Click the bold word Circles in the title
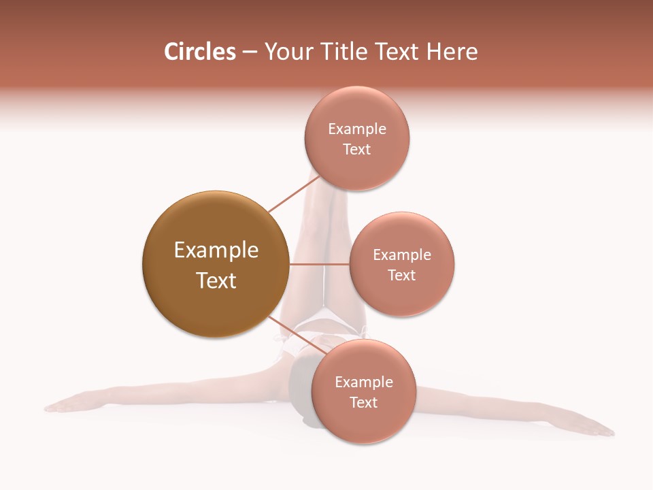(199, 52)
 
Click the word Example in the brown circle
(216, 250)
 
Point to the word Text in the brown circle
(216, 280)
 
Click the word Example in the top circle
(357, 129)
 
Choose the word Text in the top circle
(357, 149)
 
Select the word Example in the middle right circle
(402, 255)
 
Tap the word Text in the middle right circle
(402, 275)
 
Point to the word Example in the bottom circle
(364, 382)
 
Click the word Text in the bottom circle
(364, 402)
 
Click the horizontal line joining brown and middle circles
(319, 264)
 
